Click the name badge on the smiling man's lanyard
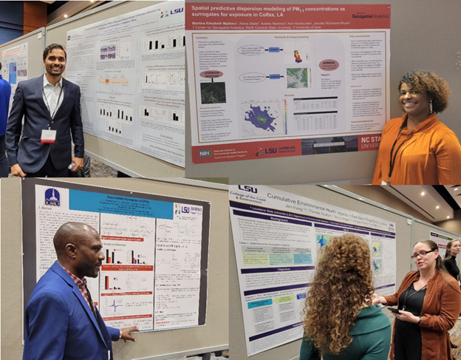click(48, 135)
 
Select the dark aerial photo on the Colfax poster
click(213, 92)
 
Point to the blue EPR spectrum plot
click(118, 305)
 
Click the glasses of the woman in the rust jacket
click(423, 254)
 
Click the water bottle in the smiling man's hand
click(76, 166)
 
